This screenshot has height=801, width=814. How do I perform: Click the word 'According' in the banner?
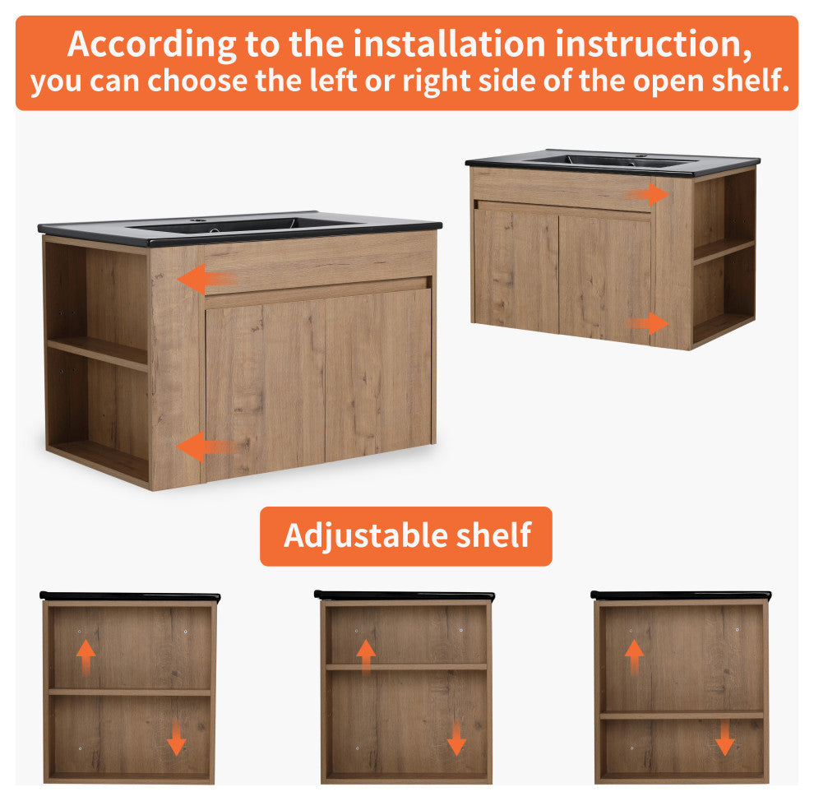[151, 45]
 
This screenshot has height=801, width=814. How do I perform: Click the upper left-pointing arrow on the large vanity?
[207, 279]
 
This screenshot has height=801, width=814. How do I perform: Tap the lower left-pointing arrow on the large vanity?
[206, 447]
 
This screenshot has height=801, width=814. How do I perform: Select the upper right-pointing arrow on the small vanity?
[648, 194]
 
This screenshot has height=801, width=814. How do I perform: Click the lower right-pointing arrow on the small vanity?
[648, 323]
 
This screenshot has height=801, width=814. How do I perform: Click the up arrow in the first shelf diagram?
[86, 657]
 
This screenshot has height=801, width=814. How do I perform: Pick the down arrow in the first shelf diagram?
[177, 737]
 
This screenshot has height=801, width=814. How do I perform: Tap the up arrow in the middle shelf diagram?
[366, 657]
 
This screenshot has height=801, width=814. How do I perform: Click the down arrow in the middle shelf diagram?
[456, 737]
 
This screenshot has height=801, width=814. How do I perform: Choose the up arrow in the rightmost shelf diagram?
[634, 657]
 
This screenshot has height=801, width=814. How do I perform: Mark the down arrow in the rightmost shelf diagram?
[724, 737]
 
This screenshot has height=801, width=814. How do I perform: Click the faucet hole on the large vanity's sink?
[197, 220]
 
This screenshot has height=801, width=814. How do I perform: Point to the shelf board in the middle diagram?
[406, 667]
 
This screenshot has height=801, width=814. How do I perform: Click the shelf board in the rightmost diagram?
[682, 715]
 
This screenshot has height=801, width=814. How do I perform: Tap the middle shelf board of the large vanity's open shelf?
[98, 353]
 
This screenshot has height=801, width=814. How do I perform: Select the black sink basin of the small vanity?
[613, 161]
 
